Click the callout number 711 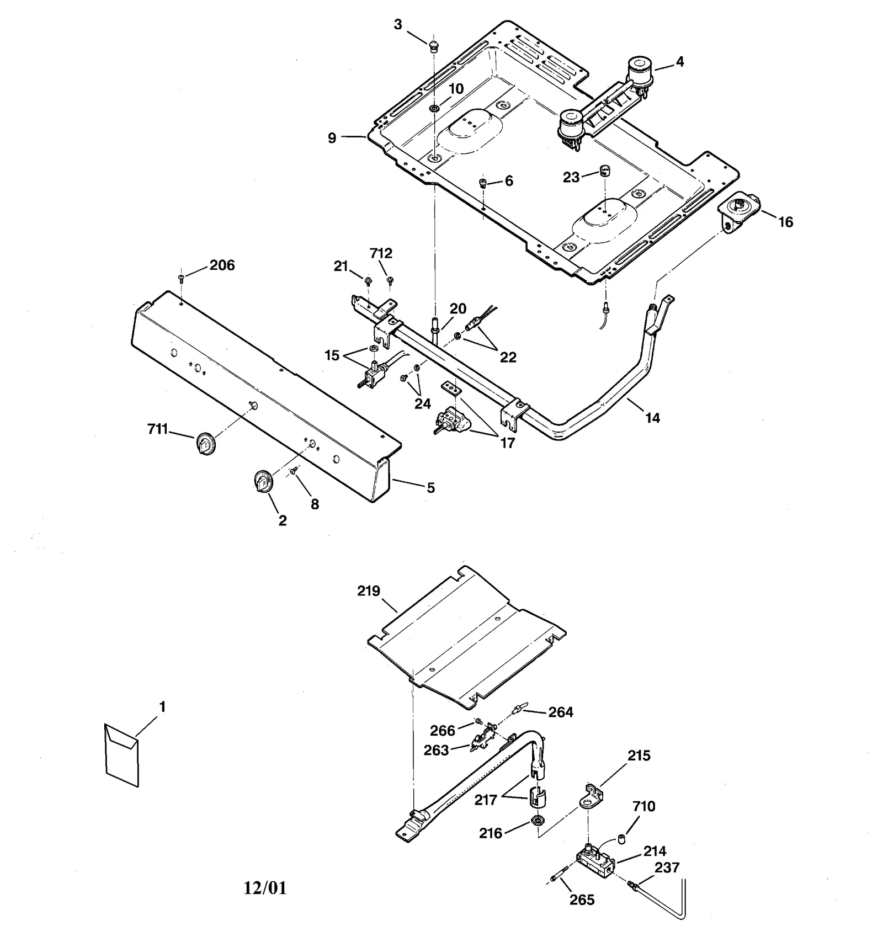coord(157,428)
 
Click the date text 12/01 coord(265,888)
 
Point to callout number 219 coord(369,591)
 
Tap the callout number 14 coord(652,418)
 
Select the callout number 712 coord(381,253)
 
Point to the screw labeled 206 coord(182,278)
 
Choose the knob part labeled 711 coord(205,443)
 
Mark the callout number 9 coord(332,137)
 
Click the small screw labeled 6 coord(483,183)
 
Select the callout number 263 coord(436,751)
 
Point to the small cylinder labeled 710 coord(621,839)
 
